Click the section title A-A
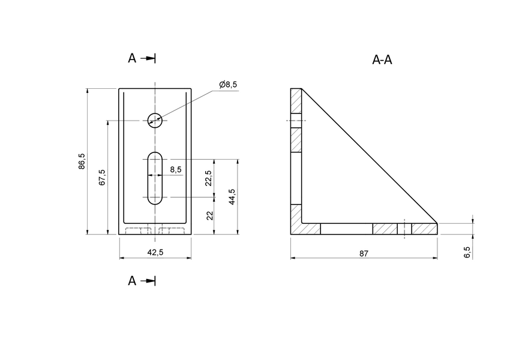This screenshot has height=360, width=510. coord(382,60)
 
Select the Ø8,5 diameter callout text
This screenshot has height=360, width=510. coord(228,85)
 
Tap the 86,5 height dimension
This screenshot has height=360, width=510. coord(82,162)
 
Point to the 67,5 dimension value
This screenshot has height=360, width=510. coord(102,178)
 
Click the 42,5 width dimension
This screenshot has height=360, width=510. coord(155,253)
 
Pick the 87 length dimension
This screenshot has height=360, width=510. coord(364,254)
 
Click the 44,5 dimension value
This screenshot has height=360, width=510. coord(232,197)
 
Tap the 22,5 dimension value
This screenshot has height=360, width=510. coord(208,178)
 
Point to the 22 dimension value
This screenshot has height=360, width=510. coord(210,215)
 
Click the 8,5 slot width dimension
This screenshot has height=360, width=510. coord(176,170)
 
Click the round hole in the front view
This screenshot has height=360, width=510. coord(155,120)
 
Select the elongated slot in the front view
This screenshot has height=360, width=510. coord(155,178)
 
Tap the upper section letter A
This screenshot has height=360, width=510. coord(132,58)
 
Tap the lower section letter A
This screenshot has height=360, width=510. coord(132,281)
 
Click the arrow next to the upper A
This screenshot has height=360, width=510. coord(149,58)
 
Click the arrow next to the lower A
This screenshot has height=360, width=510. coord(149,281)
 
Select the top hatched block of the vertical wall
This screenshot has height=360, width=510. coord(296,101)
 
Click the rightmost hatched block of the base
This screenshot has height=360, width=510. coord(424,229)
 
